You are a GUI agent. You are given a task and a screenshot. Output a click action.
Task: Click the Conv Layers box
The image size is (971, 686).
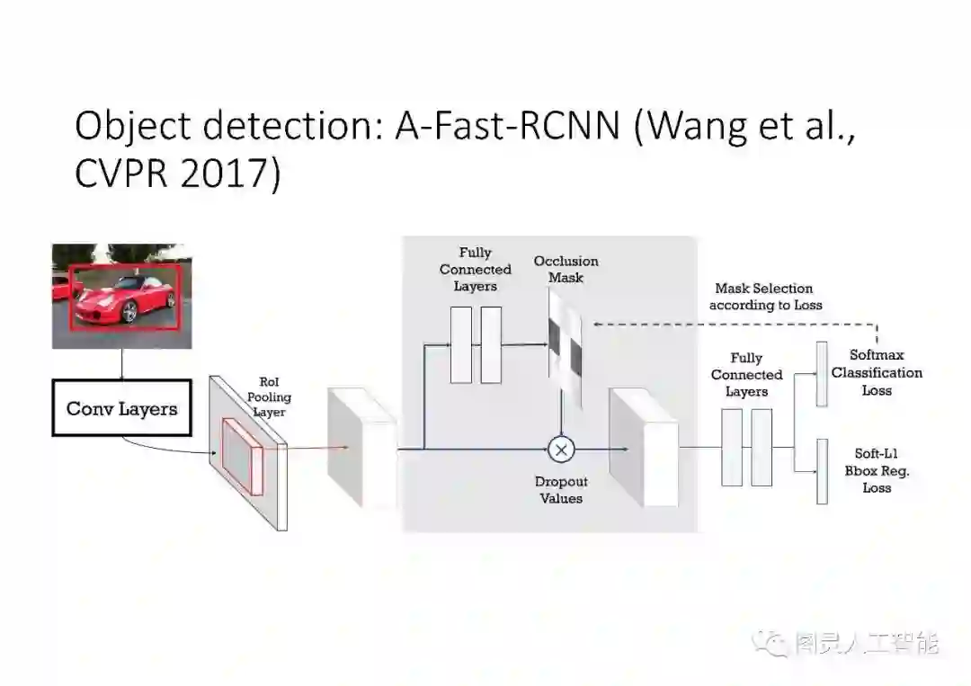pos(121,408)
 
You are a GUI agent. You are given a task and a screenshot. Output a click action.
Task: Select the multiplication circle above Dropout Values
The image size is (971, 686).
pos(561,448)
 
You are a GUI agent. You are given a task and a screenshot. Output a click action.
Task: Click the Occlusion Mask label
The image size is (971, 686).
pos(566,270)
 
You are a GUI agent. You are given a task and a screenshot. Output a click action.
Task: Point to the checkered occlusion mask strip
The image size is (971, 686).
pos(566,351)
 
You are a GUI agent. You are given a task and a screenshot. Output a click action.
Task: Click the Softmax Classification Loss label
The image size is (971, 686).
pos(877,373)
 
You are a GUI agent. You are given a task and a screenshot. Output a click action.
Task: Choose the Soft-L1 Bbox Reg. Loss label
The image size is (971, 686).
pos(877,471)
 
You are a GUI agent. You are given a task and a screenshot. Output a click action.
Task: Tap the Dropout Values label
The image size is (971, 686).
pos(561,490)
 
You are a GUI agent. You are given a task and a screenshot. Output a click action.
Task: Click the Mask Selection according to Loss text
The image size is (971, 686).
pos(765,297)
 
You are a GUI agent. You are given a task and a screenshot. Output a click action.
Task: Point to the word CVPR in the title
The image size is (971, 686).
pos(121,174)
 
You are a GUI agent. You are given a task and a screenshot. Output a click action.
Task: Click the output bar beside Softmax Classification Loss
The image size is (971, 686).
pos(821,374)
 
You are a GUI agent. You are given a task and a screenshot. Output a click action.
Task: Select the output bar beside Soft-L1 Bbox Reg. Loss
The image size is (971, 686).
pos(821,471)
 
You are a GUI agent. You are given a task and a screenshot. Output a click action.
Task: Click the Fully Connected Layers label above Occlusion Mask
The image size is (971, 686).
pos(476,269)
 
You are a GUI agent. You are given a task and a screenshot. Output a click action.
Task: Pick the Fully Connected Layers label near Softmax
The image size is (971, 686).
pos(746,375)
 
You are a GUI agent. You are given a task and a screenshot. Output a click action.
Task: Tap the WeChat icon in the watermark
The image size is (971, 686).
pos(773,643)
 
